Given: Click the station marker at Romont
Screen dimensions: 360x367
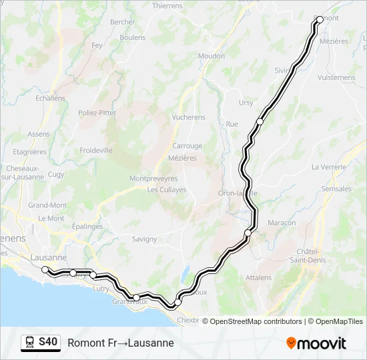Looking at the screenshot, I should (319, 19).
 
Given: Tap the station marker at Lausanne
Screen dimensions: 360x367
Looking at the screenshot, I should (45, 269).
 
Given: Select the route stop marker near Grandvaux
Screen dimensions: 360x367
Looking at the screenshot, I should (136, 297).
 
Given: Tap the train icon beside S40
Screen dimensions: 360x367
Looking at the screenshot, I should (30, 343).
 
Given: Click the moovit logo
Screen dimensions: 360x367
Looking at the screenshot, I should (316, 343).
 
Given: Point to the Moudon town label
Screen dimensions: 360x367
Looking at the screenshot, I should (212, 56).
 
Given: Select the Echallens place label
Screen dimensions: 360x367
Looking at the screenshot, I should (51, 98).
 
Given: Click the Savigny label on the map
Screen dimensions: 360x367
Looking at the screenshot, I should (144, 239).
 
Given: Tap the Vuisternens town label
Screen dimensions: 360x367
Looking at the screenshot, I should (337, 77).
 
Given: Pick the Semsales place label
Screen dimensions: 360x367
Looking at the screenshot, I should (336, 189).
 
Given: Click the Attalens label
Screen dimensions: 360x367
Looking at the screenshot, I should (258, 277).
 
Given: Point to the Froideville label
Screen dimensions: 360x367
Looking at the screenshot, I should (96, 151).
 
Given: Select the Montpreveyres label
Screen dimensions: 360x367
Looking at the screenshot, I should (153, 179).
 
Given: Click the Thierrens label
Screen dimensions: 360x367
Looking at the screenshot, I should (167, 6).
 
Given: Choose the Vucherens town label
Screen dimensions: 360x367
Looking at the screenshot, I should (188, 117).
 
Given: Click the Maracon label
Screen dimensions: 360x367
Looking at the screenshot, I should (282, 222).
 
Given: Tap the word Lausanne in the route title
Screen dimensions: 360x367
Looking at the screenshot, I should (149, 343).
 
